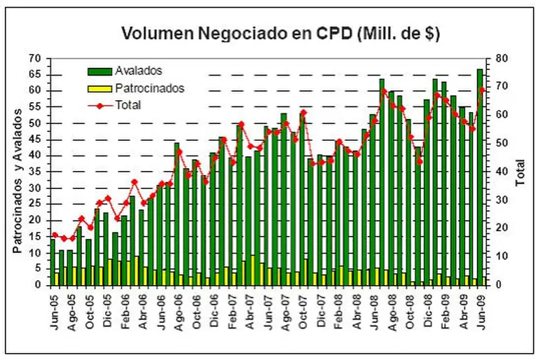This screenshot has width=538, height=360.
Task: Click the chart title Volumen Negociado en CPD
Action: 280,33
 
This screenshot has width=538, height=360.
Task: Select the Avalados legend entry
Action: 138,71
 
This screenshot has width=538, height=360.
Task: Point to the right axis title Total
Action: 520,172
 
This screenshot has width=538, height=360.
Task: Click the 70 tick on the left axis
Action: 36,58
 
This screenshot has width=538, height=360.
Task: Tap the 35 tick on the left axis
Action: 36,172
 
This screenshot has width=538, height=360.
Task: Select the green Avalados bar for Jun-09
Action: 480,175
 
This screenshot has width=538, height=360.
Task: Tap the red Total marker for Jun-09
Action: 482,90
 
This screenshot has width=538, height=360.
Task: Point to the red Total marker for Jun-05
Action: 55,235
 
